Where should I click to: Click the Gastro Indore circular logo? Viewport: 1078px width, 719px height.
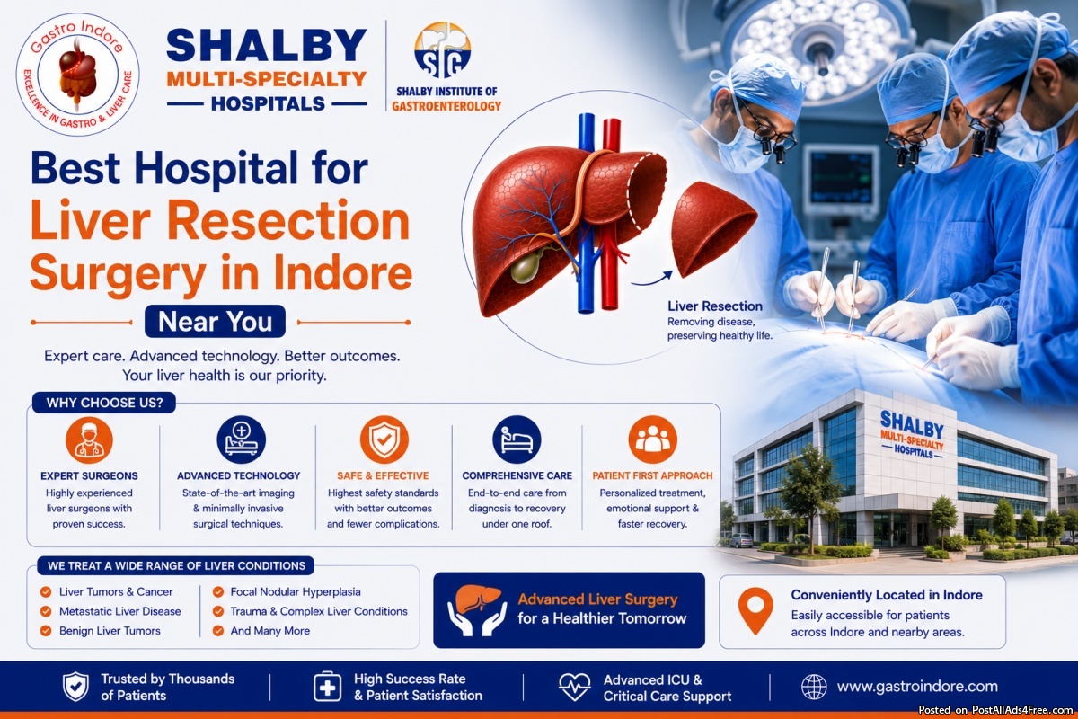78,75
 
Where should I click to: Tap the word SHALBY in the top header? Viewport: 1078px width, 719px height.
267,45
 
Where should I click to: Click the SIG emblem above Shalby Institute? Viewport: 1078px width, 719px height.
442,49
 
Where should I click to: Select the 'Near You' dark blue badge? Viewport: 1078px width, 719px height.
215,321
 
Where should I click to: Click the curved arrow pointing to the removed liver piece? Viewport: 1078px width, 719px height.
652,279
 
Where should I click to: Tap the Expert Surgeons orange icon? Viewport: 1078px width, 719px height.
89,440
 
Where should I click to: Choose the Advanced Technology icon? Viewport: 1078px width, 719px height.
241,439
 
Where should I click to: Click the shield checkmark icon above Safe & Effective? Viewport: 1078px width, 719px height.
384,439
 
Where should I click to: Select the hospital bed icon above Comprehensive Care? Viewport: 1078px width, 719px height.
517,439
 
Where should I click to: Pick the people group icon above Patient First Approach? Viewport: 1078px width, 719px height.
652,439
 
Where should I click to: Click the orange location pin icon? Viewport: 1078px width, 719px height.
755,610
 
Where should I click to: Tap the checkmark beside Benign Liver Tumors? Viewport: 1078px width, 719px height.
46,630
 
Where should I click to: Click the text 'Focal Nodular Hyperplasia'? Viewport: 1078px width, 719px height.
296,592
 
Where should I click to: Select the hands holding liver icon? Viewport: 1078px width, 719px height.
477,609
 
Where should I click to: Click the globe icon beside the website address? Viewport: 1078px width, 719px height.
814,687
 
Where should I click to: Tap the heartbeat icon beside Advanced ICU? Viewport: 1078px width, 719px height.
575,687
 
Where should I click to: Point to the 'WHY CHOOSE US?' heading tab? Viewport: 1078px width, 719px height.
104,403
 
